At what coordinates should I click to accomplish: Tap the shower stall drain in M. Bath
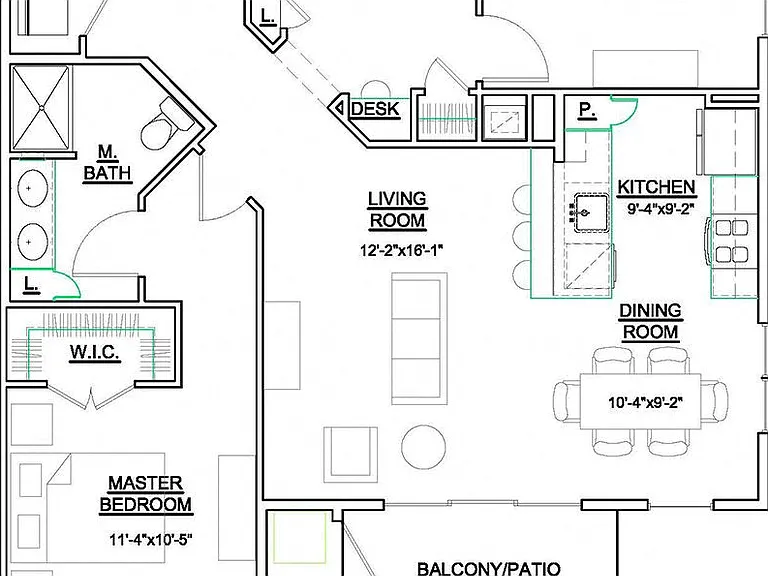point(42,107)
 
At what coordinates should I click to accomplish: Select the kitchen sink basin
point(591,213)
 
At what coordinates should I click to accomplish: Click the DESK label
point(375,109)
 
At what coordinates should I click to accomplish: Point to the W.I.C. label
point(95,352)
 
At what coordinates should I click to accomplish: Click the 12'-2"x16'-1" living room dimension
point(402,250)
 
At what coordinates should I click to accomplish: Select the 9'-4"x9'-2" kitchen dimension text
point(661,209)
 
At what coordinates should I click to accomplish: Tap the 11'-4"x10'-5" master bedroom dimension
point(150,540)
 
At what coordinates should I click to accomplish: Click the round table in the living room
point(424,447)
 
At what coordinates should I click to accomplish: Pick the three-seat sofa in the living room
point(419,338)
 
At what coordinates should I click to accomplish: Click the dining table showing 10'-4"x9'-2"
point(641,402)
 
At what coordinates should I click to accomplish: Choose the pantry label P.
point(587,110)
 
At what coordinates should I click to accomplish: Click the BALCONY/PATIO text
point(489,569)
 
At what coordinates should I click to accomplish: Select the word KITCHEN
point(656,187)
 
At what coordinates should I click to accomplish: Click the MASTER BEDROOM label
point(145,494)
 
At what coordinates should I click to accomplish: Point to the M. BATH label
point(107,162)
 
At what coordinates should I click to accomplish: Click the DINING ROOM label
point(650,321)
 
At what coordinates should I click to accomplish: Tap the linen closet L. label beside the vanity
point(32,284)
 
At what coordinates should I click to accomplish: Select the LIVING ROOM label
point(397,210)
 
